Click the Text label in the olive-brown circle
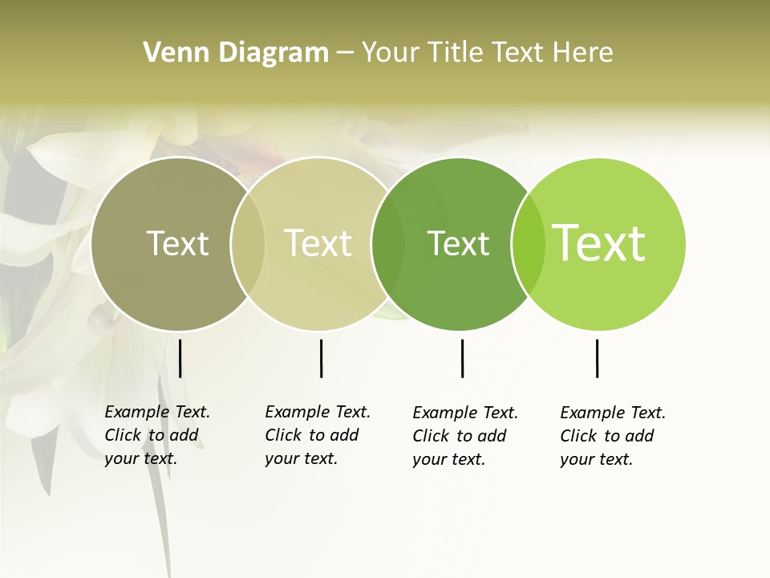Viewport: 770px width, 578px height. tap(177, 243)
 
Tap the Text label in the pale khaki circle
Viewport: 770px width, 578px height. tap(318, 243)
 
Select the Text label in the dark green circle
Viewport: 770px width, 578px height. tap(458, 243)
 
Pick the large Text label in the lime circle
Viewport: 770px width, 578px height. tap(599, 243)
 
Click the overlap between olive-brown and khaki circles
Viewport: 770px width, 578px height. tap(248, 244)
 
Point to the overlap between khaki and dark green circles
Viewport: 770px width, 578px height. tap(388, 244)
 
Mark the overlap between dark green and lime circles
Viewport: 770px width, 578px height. tap(529, 244)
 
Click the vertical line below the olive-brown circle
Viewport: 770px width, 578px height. tap(180, 358)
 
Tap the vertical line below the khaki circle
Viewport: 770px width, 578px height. tap(321, 358)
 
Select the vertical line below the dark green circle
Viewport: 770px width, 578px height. tap(462, 358)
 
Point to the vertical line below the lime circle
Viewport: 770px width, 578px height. tap(597, 358)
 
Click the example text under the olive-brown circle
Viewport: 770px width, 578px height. tap(157, 435)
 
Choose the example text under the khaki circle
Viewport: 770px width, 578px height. tap(318, 435)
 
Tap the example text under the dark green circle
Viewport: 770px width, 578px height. tap(465, 436)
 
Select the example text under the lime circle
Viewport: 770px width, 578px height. tap(613, 436)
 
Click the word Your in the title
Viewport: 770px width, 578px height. tap(391, 53)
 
